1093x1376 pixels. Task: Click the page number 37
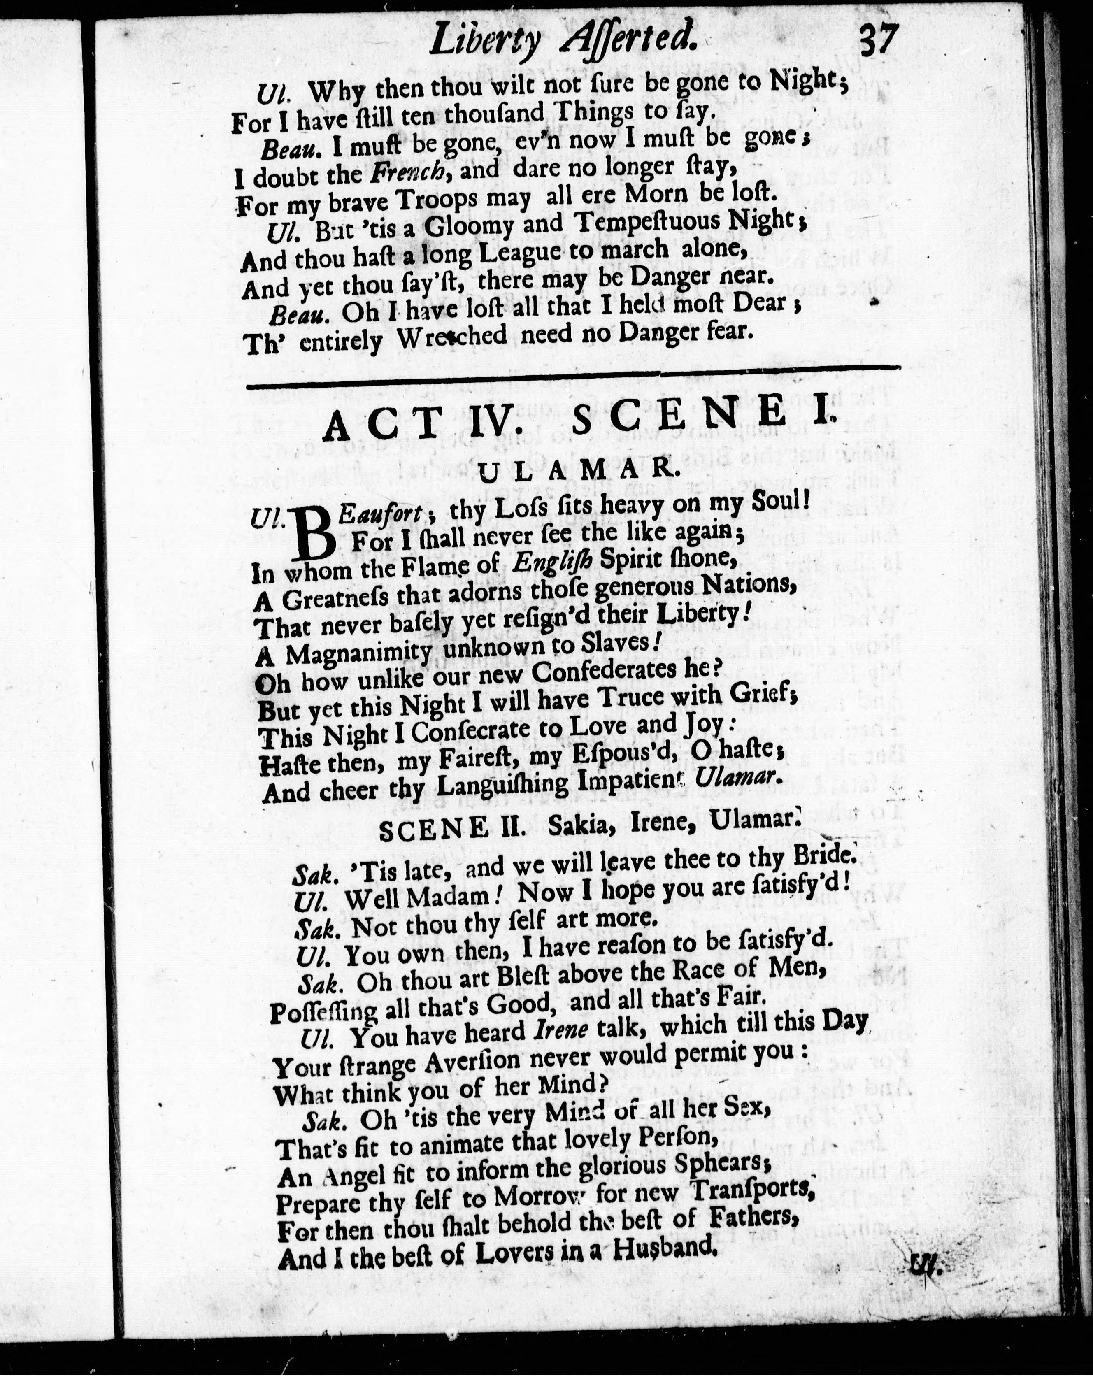coord(879,42)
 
